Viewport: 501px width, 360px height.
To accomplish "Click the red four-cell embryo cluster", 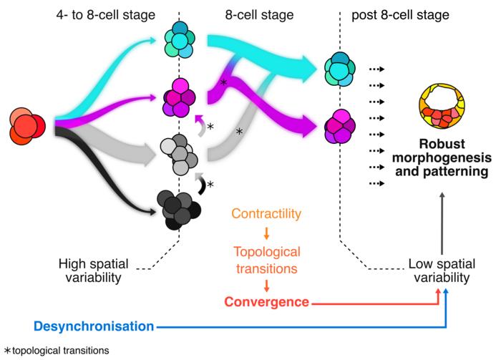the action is pos(27,126).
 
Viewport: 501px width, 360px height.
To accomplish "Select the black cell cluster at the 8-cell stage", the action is pos(179,210).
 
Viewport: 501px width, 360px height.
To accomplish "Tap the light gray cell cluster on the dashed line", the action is pos(179,155).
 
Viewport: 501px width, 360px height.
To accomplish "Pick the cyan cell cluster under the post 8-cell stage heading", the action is pos(340,69).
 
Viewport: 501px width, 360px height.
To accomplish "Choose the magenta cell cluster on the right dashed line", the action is pos(340,127).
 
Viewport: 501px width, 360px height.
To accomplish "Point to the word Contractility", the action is pos(266,213).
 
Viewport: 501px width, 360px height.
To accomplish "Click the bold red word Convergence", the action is pos(266,302).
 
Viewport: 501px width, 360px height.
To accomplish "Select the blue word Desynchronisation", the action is pos(94,326).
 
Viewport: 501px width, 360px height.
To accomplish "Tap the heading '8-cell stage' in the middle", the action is pos(259,15).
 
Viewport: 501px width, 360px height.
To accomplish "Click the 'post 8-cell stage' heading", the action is pos(400,15).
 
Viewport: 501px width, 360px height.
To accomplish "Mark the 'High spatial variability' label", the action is pos(93,271).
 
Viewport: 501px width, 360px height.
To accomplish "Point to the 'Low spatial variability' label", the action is pos(442,271).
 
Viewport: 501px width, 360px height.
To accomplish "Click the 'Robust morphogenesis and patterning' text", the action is pos(442,157).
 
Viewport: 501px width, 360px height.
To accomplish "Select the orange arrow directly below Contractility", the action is pos(266,233).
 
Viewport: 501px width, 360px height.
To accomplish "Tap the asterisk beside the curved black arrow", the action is pos(210,185).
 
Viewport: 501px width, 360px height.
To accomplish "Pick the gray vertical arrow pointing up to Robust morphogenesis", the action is pos(442,223).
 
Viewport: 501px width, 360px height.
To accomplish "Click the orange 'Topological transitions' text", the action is pos(267,260).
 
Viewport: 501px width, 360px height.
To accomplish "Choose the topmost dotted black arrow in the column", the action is pos(376,69).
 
